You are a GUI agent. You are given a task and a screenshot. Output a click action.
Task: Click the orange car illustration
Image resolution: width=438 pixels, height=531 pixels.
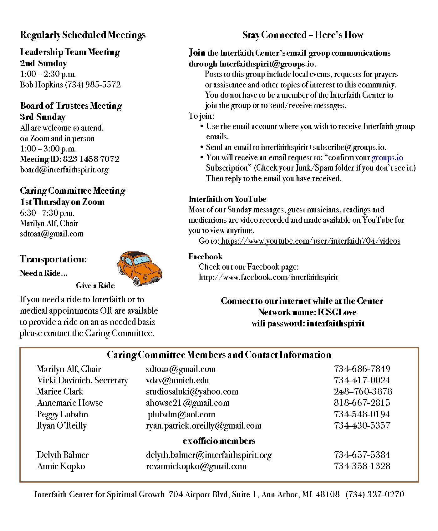140,268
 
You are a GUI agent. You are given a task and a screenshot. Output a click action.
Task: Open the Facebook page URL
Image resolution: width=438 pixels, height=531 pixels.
268,277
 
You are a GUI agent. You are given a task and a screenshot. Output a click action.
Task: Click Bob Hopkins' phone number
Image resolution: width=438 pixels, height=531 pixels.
93,85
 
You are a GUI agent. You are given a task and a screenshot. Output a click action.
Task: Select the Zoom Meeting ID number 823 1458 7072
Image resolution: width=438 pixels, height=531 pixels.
91,159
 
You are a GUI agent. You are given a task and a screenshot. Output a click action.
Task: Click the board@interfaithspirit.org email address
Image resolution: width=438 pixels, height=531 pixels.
64,170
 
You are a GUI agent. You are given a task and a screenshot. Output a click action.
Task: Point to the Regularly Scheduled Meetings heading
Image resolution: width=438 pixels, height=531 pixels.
83,35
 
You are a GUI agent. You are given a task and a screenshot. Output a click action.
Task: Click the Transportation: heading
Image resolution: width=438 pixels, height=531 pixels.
53,259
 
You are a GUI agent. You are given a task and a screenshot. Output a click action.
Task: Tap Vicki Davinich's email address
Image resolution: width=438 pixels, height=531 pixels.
177,380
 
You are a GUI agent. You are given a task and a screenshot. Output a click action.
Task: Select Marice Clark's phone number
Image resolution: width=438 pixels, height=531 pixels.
363,392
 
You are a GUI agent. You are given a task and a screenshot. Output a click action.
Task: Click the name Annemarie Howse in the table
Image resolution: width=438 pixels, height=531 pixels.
70,403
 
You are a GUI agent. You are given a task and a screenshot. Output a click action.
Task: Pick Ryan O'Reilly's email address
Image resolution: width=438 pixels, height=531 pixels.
203,426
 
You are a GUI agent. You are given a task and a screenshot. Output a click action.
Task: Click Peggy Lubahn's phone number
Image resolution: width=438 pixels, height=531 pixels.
362,414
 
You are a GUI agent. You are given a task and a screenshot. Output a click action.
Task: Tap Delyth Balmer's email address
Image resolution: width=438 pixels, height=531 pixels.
209,455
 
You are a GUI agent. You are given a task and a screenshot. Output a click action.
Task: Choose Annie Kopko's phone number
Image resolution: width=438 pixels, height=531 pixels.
362,466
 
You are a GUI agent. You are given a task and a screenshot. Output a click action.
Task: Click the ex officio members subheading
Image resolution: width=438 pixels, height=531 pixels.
219,441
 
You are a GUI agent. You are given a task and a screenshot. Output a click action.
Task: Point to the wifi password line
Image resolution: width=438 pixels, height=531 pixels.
308,324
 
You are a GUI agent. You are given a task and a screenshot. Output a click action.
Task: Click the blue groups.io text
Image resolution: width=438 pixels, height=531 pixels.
387,158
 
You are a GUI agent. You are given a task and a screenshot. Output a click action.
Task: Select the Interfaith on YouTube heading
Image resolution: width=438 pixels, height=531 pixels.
227,199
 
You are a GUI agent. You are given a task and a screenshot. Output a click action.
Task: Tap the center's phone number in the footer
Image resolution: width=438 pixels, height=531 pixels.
374,494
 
